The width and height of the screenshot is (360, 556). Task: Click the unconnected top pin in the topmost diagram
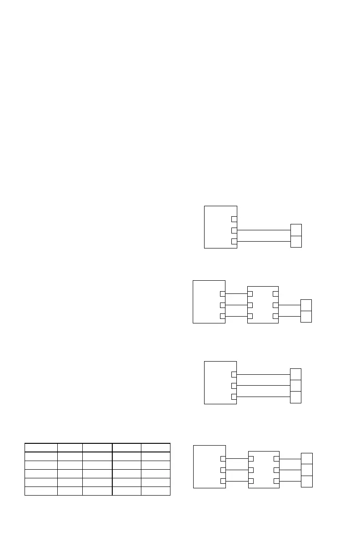click(234, 219)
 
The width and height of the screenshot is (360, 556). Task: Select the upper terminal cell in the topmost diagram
click(296, 230)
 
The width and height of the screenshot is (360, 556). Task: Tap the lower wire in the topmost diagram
click(264, 241)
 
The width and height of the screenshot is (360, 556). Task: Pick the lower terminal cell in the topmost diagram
click(296, 241)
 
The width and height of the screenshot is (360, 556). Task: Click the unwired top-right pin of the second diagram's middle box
click(275, 293)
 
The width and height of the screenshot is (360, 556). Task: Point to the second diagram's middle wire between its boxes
click(236, 305)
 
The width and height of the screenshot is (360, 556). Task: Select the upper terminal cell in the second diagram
click(306, 305)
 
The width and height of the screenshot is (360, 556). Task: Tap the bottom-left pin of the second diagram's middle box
click(250, 316)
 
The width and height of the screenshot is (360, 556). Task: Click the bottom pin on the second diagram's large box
click(223, 316)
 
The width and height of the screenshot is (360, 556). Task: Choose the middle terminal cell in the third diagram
click(295, 386)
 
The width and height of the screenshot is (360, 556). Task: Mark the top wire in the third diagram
click(264, 374)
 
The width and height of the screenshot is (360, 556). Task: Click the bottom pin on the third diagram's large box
click(234, 397)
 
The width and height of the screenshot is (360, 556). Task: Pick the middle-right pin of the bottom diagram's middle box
click(276, 470)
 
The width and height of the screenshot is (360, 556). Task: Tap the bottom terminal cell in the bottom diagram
click(307, 481)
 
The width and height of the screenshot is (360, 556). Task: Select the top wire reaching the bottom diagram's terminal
click(290, 459)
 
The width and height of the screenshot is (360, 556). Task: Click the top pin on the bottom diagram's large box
click(223, 459)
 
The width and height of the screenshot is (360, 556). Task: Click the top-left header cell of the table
click(41, 447)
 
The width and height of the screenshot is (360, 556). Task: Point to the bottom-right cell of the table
click(155, 491)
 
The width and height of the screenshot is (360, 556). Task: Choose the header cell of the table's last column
click(155, 447)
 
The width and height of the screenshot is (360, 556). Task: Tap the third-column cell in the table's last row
click(97, 491)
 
